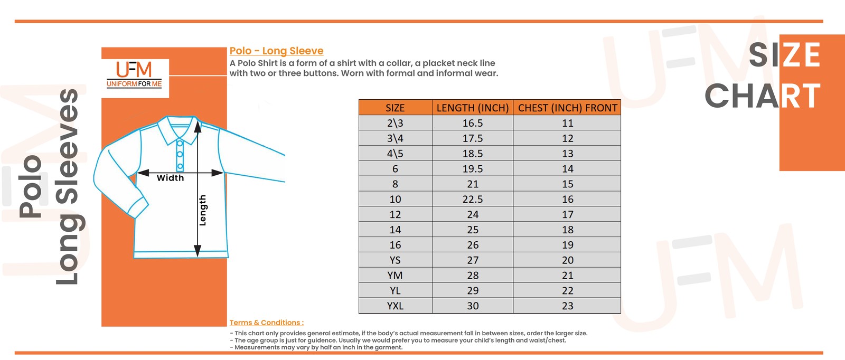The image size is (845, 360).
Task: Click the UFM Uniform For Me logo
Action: click(x=134, y=74)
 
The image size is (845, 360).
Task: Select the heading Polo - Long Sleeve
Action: click(x=277, y=51)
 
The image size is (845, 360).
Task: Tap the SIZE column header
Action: click(x=395, y=108)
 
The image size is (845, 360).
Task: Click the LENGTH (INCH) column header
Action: click(x=473, y=108)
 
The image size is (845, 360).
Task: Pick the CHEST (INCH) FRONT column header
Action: click(x=567, y=108)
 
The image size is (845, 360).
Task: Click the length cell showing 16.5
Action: click(x=473, y=123)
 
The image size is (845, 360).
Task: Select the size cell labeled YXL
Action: click(x=395, y=306)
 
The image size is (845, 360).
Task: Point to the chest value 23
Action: click(x=567, y=306)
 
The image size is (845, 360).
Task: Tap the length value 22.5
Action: click(x=473, y=199)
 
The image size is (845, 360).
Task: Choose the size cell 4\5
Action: click(x=395, y=154)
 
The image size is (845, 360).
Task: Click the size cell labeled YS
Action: click(x=395, y=260)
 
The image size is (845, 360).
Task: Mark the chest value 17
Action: click(x=567, y=214)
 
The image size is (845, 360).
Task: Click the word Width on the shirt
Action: click(x=170, y=178)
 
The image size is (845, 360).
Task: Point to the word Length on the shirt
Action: click(x=203, y=210)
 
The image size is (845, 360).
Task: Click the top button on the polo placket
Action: click(x=180, y=144)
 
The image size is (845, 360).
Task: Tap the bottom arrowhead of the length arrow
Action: click(x=198, y=250)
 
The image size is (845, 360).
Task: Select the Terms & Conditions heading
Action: click(x=266, y=323)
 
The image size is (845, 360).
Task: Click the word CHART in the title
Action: click(x=763, y=96)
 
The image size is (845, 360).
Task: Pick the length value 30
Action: click(x=473, y=306)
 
